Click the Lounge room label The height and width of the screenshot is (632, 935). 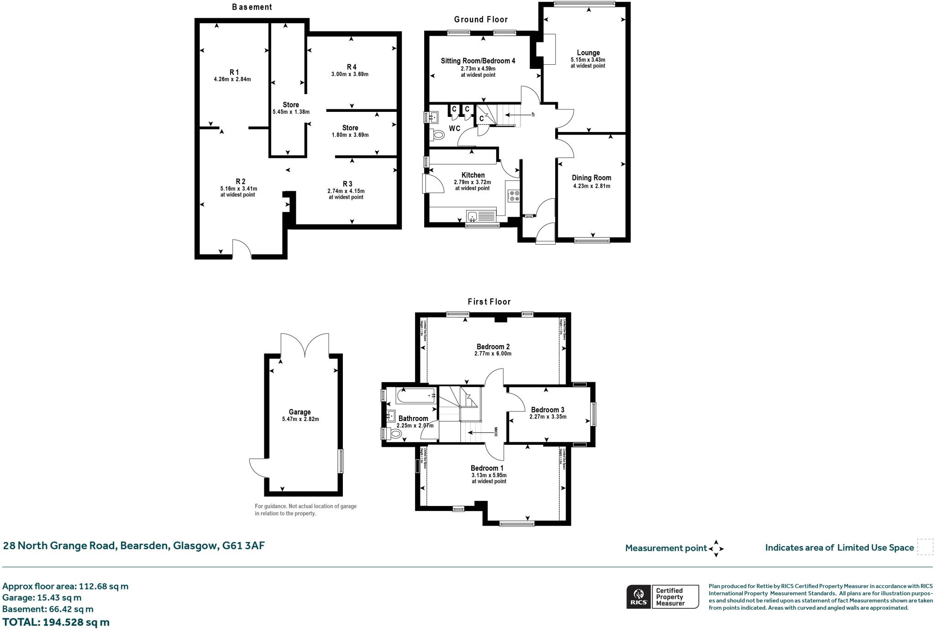tap(588, 53)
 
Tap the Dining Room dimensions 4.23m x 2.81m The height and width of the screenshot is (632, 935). tap(591, 186)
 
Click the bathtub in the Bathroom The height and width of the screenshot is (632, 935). tap(415, 395)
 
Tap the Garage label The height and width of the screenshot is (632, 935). tap(299, 412)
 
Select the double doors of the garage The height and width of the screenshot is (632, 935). tap(305, 346)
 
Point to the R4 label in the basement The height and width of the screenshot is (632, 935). tap(352, 67)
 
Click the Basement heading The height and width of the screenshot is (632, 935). tap(252, 7)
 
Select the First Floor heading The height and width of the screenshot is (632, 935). tap(489, 301)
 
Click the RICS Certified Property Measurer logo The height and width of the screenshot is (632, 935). tap(662, 596)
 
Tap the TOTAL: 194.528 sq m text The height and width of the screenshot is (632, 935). tap(56, 622)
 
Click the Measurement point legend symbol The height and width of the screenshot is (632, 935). tap(716, 548)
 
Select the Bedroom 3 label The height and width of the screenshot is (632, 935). tap(547, 410)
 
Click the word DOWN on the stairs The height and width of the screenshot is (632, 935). tap(496, 432)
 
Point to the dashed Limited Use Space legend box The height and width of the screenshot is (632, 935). tap(924, 547)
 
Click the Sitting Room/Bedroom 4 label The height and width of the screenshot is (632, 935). tap(478, 61)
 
